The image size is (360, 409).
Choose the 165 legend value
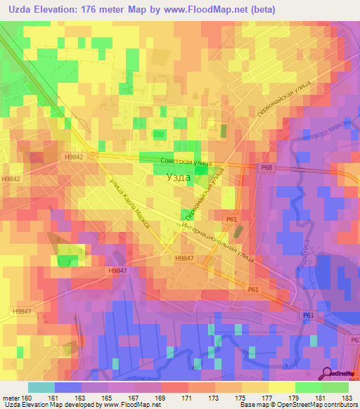[108, 397]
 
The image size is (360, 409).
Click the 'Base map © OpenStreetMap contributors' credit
[298, 405]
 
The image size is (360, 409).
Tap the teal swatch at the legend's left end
[41, 387]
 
